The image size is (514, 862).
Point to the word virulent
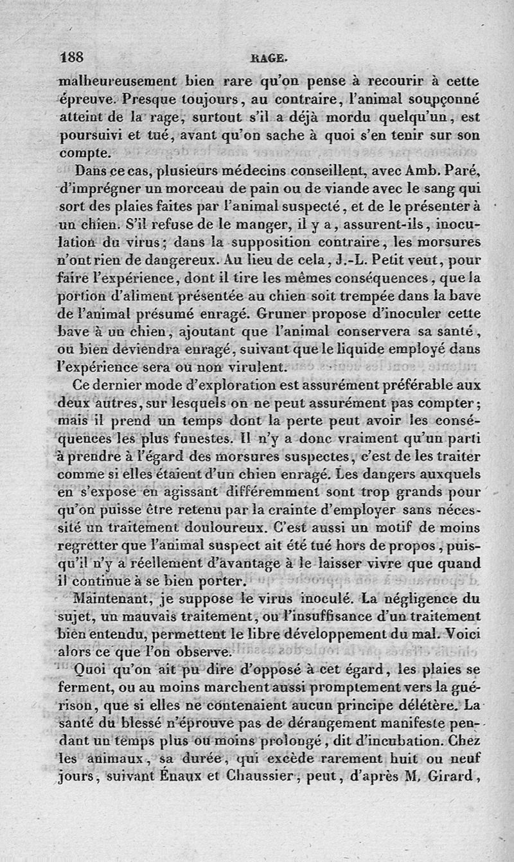[249, 368]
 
